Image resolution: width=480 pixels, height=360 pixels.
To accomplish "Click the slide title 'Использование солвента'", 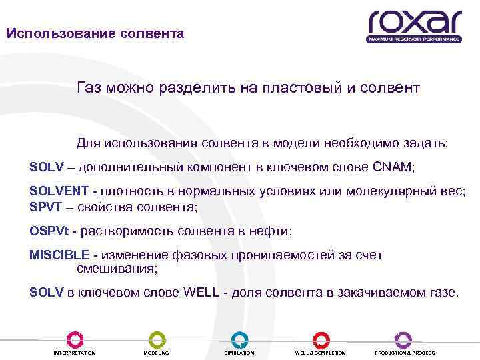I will (95, 33).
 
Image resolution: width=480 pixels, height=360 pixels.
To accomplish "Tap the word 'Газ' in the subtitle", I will (91, 87).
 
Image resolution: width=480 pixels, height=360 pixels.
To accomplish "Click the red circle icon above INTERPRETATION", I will (75, 339).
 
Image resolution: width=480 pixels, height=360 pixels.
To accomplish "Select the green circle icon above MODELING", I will (157, 339).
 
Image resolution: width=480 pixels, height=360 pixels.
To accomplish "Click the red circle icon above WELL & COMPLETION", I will (321, 339).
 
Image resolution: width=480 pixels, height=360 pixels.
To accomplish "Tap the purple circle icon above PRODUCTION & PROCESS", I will (403, 339).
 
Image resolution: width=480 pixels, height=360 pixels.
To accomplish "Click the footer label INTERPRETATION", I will (75, 353).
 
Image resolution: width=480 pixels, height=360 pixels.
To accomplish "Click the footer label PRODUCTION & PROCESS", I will (405, 353).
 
